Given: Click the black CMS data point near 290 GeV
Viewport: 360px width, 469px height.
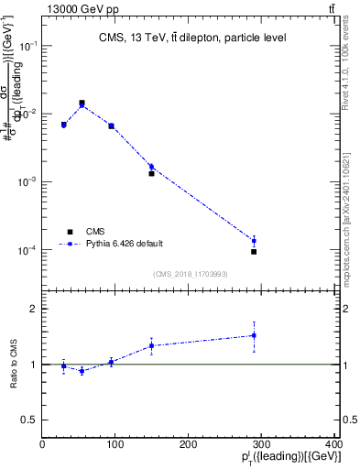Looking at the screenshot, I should [x=254, y=251].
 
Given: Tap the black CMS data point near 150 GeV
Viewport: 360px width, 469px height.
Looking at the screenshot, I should [x=151, y=173].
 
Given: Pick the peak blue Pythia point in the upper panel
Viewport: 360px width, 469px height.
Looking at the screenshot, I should [x=82, y=104].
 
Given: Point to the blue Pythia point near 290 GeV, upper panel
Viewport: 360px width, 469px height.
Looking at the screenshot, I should [x=254, y=241].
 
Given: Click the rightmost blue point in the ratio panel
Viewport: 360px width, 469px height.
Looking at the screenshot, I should [x=254, y=335].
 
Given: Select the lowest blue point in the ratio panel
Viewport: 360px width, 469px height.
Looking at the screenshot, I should [x=82, y=371].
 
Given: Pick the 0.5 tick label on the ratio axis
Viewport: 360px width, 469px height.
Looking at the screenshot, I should [x=29, y=420].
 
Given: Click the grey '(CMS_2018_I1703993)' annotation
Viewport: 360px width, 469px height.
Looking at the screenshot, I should [x=191, y=274].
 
